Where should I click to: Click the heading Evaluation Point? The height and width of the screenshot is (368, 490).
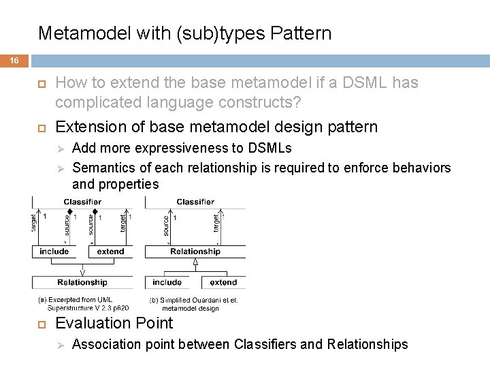click(114, 323)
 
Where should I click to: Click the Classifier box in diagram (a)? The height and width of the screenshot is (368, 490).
click(82, 202)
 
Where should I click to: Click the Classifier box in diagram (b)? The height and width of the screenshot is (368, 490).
click(195, 202)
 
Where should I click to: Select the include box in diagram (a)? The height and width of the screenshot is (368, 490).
click(54, 251)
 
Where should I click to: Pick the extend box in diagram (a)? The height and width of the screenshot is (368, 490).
click(110, 251)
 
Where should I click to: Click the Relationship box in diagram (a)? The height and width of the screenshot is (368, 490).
click(82, 282)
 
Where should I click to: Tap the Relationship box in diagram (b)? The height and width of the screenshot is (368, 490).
click(195, 251)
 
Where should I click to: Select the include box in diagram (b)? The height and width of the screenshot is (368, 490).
click(167, 282)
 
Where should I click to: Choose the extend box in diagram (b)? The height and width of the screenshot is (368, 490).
click(223, 282)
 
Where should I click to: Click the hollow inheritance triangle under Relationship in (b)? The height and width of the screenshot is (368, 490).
click(195, 261)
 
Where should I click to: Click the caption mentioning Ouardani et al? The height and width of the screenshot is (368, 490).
click(193, 304)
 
